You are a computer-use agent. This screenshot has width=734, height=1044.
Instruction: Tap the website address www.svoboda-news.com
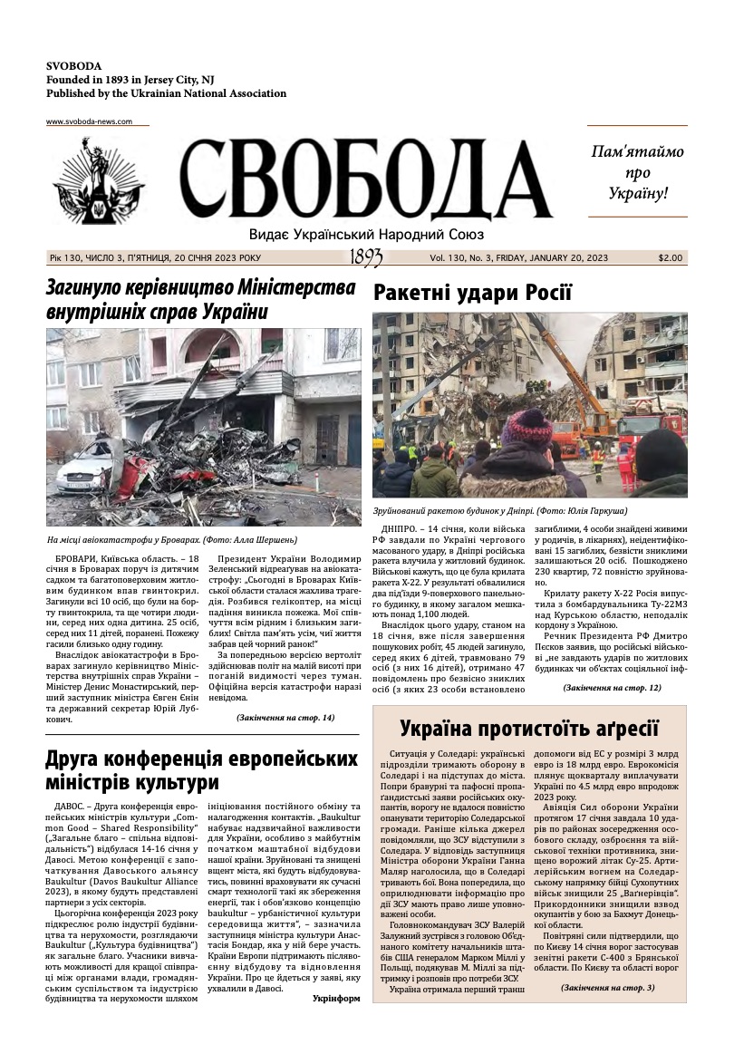click(89, 121)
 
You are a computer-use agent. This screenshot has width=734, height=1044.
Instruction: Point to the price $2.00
click(671, 258)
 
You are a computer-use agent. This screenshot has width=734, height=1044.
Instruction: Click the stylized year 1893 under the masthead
click(366, 258)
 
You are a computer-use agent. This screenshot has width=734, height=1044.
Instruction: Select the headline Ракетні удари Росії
click(472, 293)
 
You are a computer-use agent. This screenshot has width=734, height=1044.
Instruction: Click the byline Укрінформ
click(335, 999)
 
